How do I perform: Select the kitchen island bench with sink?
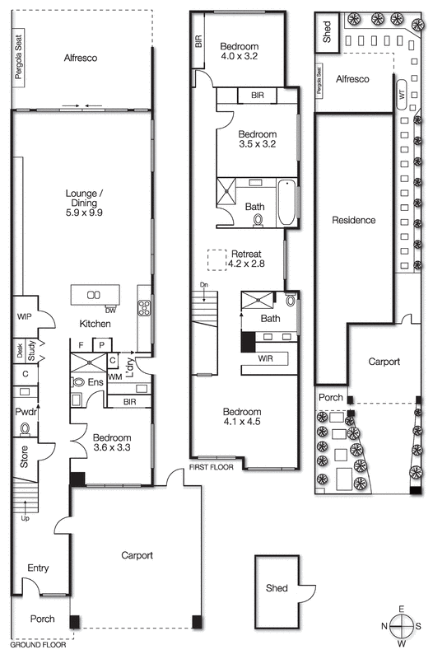coord(95,295)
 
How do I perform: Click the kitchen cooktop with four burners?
coord(144,308)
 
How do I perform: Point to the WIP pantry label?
coord(23,316)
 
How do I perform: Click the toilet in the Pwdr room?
coord(25,428)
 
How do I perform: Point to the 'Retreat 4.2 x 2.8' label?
coord(247,259)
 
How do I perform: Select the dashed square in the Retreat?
coord(216,259)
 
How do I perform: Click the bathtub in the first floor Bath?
coord(286,203)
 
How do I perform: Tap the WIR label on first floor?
coord(264,358)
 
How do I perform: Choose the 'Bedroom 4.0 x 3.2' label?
coord(240,51)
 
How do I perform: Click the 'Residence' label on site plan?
coord(353,220)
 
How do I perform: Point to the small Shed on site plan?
coord(327,32)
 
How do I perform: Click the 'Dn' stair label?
coord(203,285)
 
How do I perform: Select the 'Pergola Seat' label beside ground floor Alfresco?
coord(17,58)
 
